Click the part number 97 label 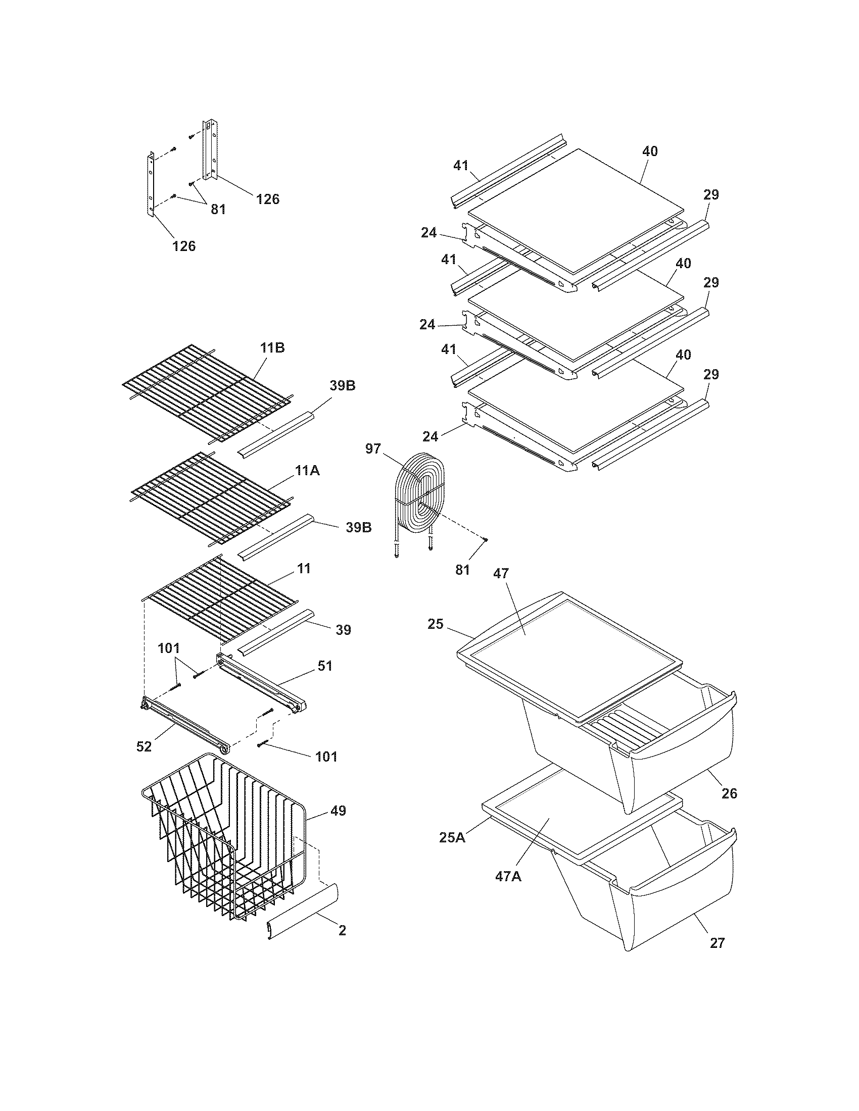point(373,448)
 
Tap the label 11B point(272,348)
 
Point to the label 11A point(307,471)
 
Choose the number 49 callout point(338,811)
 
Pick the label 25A point(452,837)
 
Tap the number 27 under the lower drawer point(717,943)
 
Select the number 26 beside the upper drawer point(729,793)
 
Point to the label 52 point(145,747)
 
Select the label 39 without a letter point(344,630)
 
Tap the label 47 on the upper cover point(501,574)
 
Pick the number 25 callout point(436,624)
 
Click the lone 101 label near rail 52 point(326,756)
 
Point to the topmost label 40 point(649,151)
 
